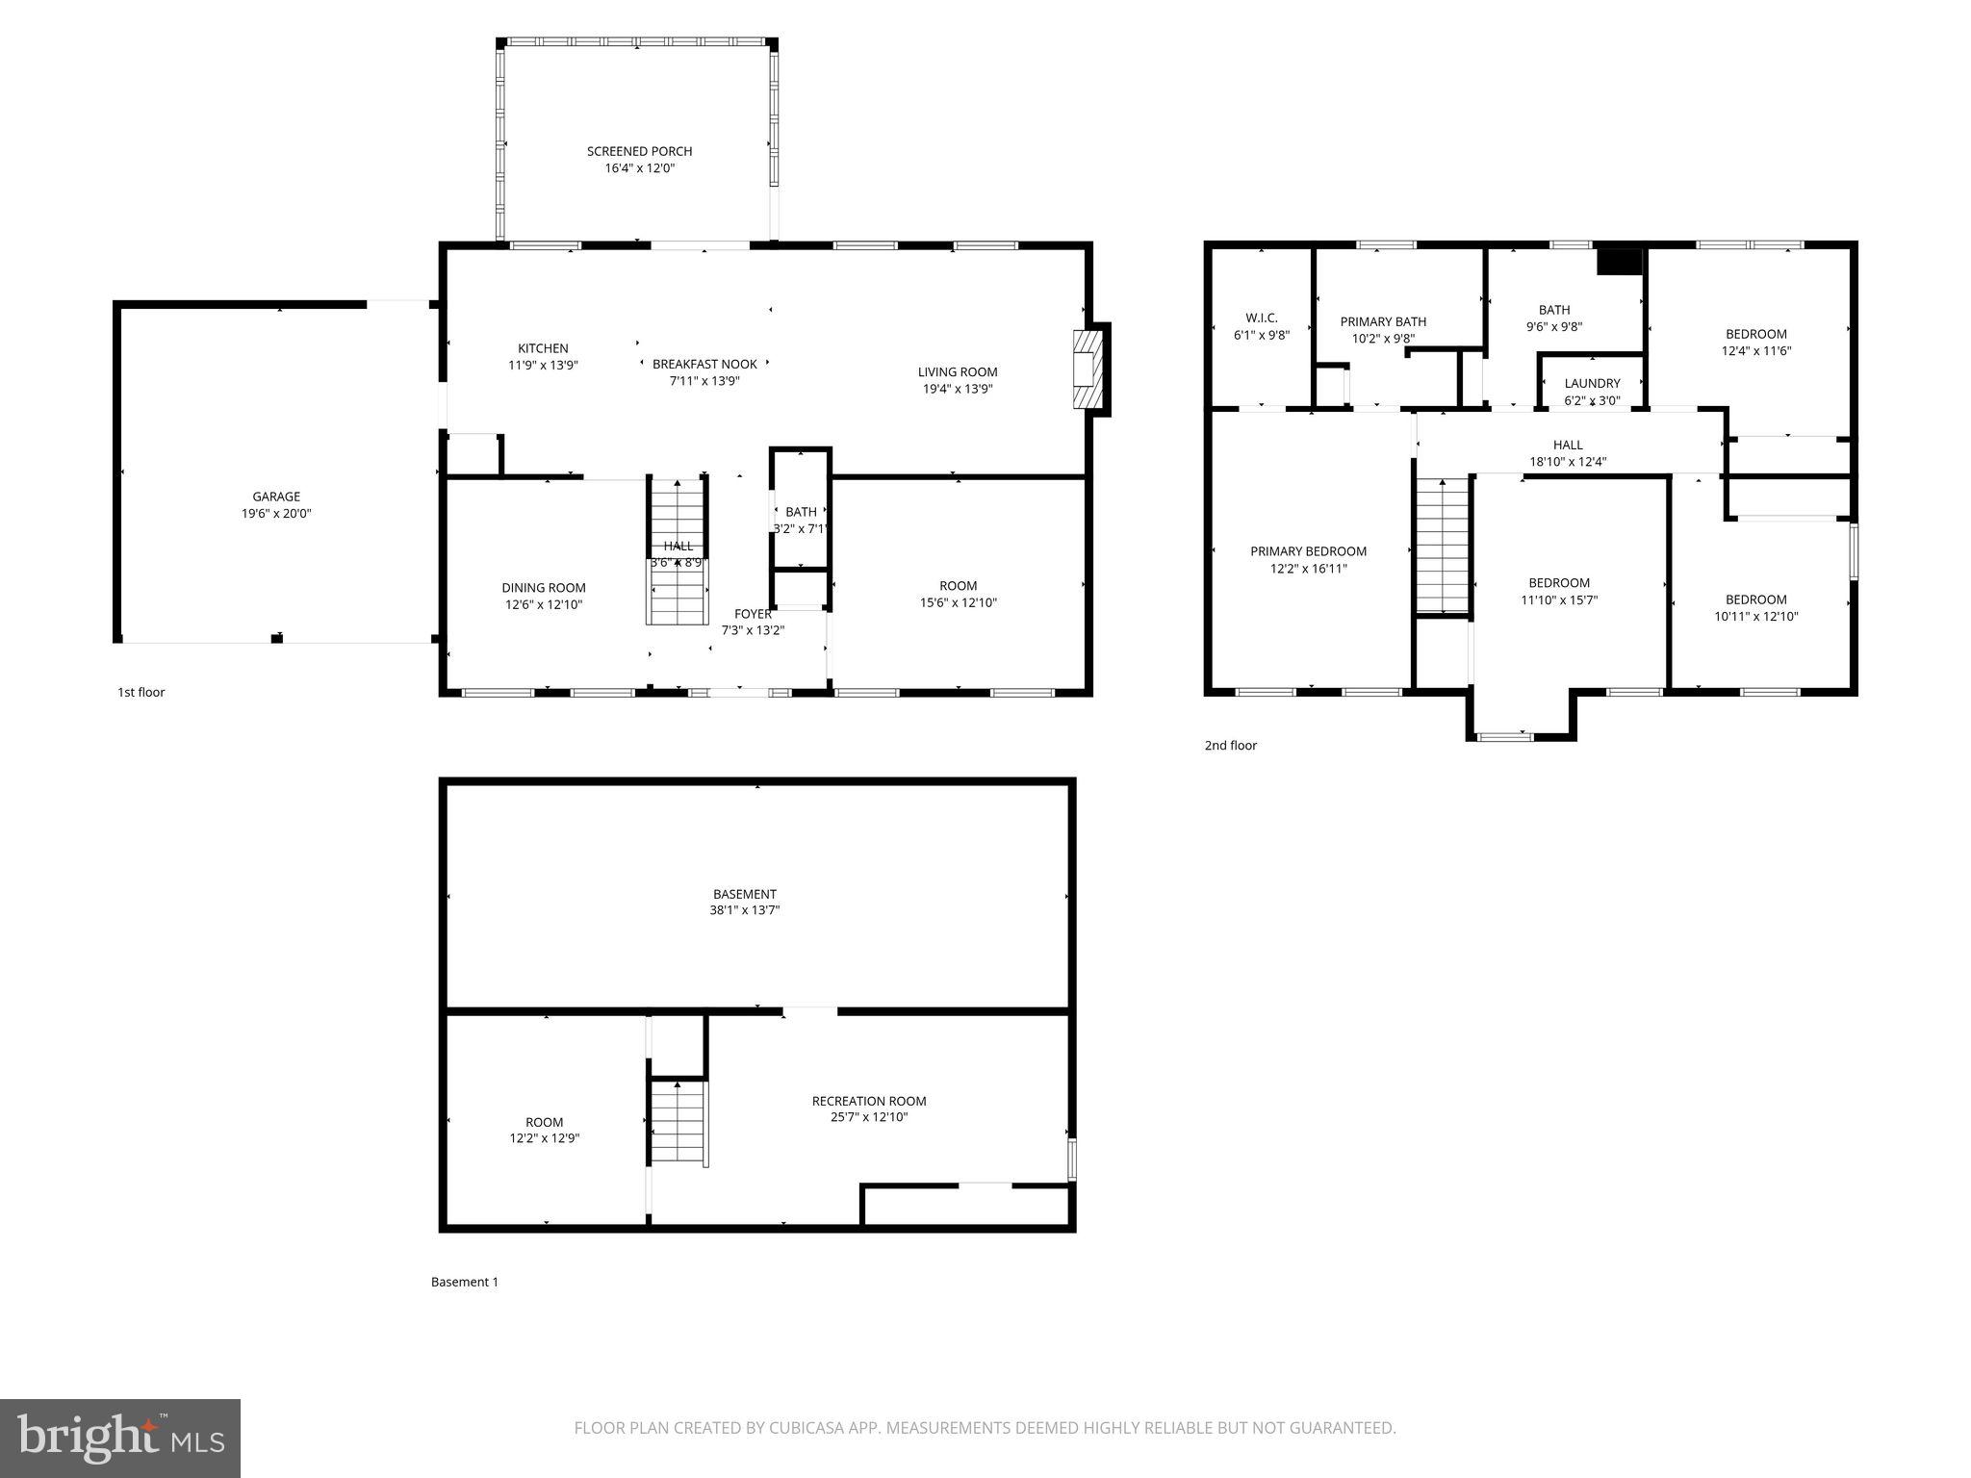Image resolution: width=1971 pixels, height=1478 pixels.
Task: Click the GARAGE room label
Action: pyautogui.click(x=276, y=497)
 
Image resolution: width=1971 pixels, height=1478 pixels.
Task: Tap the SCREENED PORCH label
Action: pyautogui.click(x=639, y=151)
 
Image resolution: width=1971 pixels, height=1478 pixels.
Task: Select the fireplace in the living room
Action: pyautogui.click(x=1086, y=370)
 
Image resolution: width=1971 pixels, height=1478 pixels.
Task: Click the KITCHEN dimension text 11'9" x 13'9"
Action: pyautogui.click(x=543, y=366)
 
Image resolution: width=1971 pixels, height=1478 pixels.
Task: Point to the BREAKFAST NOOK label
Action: pyautogui.click(x=704, y=364)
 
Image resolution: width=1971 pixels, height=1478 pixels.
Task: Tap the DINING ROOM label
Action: pyautogui.click(x=543, y=588)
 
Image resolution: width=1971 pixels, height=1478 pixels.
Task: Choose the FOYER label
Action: pyautogui.click(x=753, y=614)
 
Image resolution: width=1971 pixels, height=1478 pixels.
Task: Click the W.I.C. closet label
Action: pyautogui.click(x=1261, y=318)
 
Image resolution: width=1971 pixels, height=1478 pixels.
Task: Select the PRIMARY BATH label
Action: pyautogui.click(x=1383, y=321)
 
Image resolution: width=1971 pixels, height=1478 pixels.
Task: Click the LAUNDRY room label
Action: pyautogui.click(x=1592, y=383)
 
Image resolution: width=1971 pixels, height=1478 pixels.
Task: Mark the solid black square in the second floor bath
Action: pyautogui.click(x=1619, y=262)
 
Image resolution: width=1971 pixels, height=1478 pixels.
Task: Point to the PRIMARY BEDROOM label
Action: pyautogui.click(x=1308, y=551)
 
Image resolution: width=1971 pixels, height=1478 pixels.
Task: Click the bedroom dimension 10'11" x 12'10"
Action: pyautogui.click(x=1755, y=617)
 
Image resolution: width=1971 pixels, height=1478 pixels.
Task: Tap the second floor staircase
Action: pyautogui.click(x=1442, y=545)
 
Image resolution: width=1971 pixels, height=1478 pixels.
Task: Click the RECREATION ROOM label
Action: pyautogui.click(x=868, y=1101)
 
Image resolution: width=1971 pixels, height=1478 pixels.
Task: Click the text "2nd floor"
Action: pyautogui.click(x=1230, y=745)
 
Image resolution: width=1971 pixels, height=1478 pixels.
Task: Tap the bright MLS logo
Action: pyautogui.click(x=120, y=1439)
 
